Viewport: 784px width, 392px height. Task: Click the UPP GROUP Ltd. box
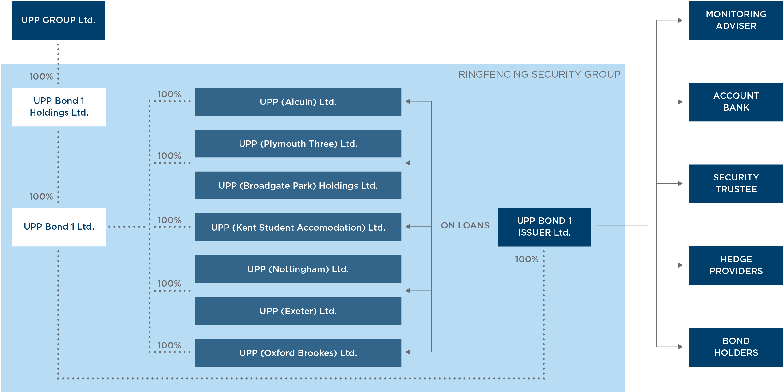tap(58, 20)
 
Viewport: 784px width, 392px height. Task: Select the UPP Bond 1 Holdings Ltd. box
tap(59, 107)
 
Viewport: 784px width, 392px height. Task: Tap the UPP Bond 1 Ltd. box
tap(59, 227)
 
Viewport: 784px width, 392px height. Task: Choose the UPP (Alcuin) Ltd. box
tap(298, 102)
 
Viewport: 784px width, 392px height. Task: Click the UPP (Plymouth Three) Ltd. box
tap(298, 144)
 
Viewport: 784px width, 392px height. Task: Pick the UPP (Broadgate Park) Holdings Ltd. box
tap(298, 185)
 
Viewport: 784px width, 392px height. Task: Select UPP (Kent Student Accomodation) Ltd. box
tap(298, 227)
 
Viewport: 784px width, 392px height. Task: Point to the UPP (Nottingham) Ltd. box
tap(298, 269)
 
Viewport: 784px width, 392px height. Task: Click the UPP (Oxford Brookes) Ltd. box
tap(298, 353)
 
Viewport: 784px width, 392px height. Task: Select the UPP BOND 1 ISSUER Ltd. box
tap(544, 227)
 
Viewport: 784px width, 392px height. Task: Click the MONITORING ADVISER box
tap(736, 20)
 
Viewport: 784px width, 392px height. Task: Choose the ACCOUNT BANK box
tap(736, 102)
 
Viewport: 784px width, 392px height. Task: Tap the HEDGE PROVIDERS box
tap(736, 265)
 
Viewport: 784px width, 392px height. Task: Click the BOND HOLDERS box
tap(736, 347)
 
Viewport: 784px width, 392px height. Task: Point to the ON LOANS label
tap(465, 225)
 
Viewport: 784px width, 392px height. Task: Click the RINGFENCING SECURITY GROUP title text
tap(539, 74)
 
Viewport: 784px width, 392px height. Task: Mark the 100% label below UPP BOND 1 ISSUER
tap(527, 259)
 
